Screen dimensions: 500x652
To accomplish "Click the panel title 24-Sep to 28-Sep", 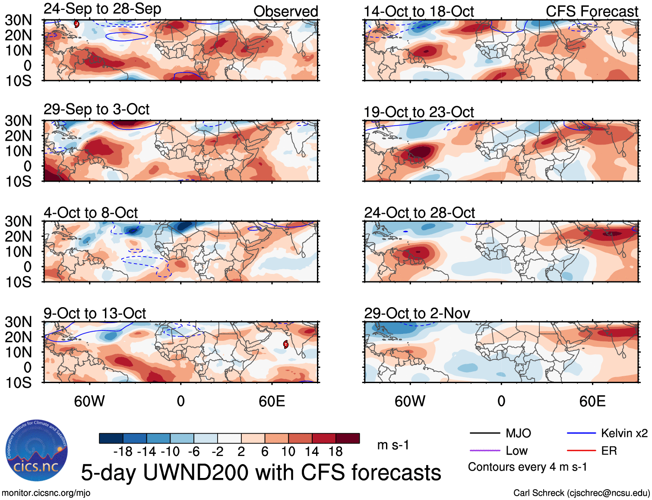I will tap(102, 9).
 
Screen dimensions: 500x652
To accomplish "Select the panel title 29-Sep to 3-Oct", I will tap(96, 110).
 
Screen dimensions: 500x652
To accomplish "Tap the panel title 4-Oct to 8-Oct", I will tap(91, 213).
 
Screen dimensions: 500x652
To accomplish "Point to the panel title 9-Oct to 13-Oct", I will tap(95, 314).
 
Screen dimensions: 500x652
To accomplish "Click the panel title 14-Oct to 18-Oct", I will tap(418, 12).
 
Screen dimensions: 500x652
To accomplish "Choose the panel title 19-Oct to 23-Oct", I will tap(418, 112).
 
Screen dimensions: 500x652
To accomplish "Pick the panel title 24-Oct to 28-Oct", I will tap(419, 213).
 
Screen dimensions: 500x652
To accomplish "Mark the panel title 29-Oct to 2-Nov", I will tap(417, 314).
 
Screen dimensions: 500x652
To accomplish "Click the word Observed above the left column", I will tap(285, 12).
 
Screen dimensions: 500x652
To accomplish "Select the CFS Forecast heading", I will tap(592, 12).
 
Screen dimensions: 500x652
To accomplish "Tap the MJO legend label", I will tap(518, 434).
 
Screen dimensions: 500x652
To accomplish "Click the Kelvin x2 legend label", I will tap(624, 434).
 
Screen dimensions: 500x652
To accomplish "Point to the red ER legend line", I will tap(581, 451).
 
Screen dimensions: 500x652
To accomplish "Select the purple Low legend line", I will tap(484, 451).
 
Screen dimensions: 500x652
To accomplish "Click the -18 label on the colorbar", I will tap(123, 452).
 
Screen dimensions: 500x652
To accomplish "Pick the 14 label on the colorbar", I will tap(311, 452).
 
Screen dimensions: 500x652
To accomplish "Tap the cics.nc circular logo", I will tap(37, 451).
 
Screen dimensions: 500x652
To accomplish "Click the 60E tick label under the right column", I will tap(592, 402).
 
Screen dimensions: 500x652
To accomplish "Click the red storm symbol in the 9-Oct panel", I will tap(285, 344).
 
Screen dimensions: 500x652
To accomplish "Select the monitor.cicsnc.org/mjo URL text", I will tap(46, 493).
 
